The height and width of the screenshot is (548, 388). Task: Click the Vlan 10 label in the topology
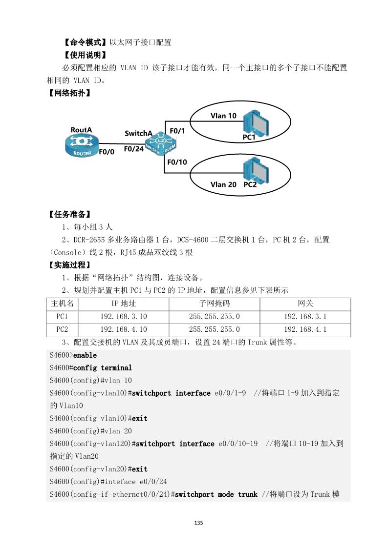click(x=223, y=116)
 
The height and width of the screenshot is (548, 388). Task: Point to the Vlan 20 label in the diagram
click(x=223, y=184)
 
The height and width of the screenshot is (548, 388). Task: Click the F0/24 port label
click(x=133, y=149)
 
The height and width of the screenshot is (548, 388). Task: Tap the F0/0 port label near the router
click(x=107, y=152)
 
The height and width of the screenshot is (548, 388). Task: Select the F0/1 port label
click(x=177, y=131)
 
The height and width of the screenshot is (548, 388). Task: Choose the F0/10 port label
click(x=177, y=162)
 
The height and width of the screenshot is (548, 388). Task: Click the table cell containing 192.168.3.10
click(x=123, y=317)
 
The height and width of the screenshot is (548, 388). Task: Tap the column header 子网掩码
click(x=214, y=304)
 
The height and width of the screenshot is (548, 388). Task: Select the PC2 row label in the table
click(x=62, y=329)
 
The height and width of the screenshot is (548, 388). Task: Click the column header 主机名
click(x=62, y=304)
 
